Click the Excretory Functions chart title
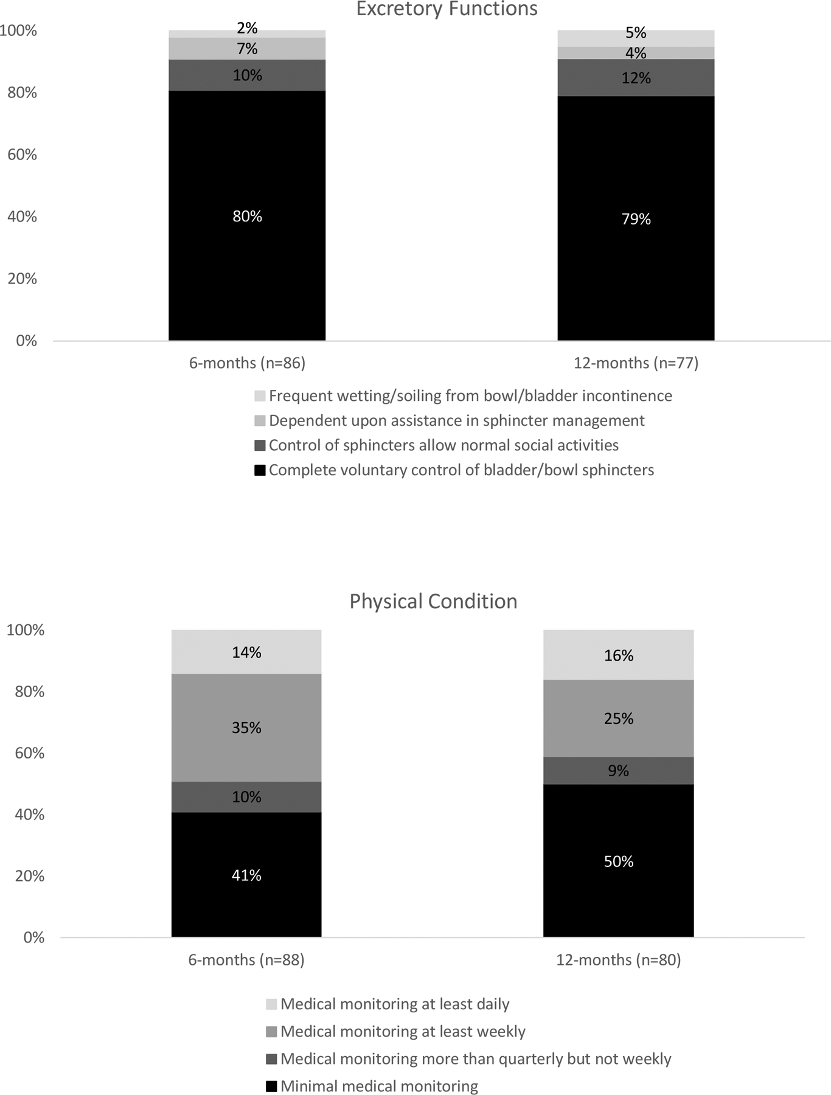(447, 9)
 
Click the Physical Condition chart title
(433, 601)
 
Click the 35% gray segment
(246, 728)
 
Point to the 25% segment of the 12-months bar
(618, 718)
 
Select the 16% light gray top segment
(618, 655)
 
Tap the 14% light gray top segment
(246, 652)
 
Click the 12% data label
(636, 78)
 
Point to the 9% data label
(618, 771)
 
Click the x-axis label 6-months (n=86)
(247, 363)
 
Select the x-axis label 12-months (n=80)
(618, 960)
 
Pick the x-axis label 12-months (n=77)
(636, 363)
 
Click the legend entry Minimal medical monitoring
(379, 1086)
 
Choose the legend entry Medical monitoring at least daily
(395, 1004)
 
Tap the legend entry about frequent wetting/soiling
(470, 396)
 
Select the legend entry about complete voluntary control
(461, 470)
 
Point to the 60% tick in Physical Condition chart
(30, 753)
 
